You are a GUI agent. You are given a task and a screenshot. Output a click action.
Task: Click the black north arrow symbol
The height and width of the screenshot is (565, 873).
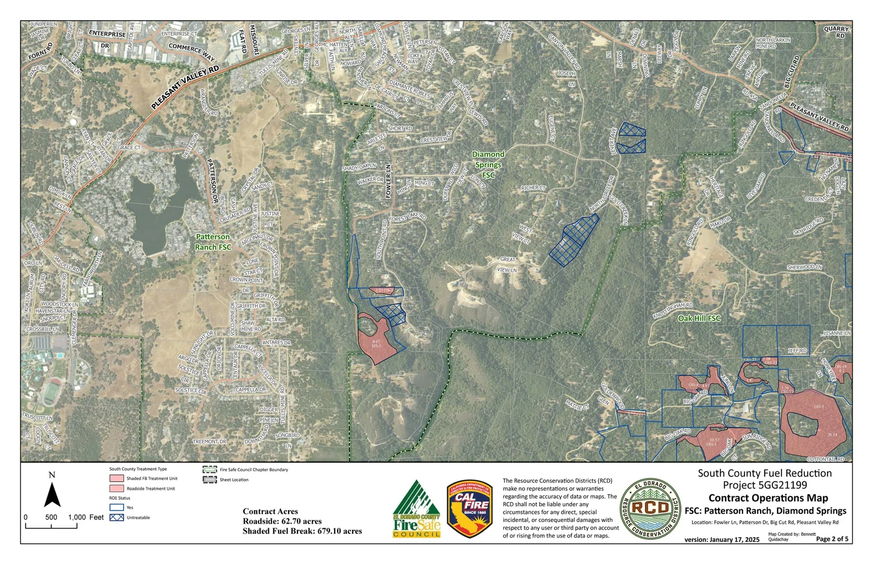pos(52,494)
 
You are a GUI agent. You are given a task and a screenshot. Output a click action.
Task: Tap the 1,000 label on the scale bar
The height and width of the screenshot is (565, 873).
pos(77,517)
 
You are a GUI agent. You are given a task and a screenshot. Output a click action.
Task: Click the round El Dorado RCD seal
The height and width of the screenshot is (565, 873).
pos(650,509)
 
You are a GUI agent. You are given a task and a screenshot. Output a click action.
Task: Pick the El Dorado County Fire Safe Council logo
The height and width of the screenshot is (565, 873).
pos(417,509)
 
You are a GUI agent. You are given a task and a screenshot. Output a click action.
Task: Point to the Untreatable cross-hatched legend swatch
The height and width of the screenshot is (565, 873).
pos(117,517)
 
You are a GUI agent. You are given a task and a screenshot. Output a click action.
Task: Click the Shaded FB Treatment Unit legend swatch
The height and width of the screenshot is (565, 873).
pos(117,478)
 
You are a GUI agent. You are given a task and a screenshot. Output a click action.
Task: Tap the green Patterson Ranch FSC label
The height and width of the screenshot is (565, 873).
pos(213,242)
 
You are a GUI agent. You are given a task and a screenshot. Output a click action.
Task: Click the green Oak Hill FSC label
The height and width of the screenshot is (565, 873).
pos(699,318)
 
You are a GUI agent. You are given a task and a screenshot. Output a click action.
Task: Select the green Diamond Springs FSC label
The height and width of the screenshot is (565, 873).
pos(488,165)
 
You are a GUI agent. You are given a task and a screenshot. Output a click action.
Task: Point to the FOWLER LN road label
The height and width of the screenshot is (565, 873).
pos(388,182)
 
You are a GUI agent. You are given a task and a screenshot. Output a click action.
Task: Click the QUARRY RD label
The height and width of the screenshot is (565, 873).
pos(836,32)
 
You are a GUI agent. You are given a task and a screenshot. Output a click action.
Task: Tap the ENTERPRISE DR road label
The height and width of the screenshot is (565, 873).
pos(107,39)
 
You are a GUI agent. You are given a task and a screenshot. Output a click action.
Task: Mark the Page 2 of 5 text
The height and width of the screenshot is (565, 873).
pos(832,539)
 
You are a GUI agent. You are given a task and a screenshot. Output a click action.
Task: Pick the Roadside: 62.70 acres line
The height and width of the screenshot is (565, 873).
pos(282,521)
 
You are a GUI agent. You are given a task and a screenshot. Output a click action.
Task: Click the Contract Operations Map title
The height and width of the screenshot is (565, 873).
pos(768,498)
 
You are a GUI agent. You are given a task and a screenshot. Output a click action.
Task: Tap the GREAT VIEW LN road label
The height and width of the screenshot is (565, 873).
pos(508,265)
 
